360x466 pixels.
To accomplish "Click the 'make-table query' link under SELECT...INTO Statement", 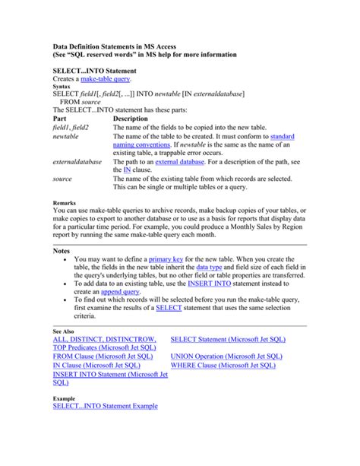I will pyautogui.click(x=106, y=78).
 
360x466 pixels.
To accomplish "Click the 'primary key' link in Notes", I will pyautogui.click(x=171, y=259).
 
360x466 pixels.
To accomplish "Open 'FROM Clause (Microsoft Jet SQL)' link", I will pyautogui.click(x=103, y=356).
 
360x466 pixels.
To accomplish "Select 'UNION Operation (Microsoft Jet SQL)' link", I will pyautogui.click(x=227, y=356).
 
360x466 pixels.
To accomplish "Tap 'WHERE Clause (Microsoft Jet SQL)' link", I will pyautogui.click(x=223, y=365).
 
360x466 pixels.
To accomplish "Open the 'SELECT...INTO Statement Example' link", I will pyautogui.click(x=105, y=407).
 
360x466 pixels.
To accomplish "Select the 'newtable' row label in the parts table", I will pyautogui.click(x=66, y=137).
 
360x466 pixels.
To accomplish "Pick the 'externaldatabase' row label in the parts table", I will pyautogui.click(x=77, y=162).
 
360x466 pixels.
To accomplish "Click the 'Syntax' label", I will pyautogui.click(x=62, y=87).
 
